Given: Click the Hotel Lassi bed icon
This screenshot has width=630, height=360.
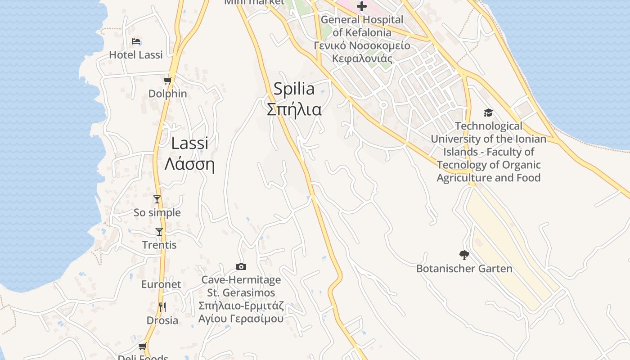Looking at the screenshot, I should [x=136, y=42].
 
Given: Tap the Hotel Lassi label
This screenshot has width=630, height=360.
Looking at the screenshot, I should [x=136, y=55].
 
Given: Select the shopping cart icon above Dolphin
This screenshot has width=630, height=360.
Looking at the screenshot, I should [x=168, y=81].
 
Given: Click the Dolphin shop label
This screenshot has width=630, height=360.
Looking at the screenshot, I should [x=168, y=94].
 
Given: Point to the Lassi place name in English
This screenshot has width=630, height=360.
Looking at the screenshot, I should [x=189, y=143].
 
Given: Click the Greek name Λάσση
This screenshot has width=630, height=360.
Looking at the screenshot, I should [x=189, y=164].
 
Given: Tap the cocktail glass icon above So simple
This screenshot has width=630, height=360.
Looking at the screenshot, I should [x=157, y=199].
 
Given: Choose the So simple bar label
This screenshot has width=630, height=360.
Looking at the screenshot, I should [x=157, y=212].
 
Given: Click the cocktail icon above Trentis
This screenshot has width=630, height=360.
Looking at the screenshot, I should [x=159, y=232].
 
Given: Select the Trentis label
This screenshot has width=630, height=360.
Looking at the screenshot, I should [x=159, y=245].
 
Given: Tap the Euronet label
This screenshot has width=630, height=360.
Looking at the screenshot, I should [x=161, y=284].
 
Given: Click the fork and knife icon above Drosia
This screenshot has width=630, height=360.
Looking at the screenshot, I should [x=162, y=307].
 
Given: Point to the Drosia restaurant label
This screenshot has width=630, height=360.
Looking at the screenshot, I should [x=162, y=320].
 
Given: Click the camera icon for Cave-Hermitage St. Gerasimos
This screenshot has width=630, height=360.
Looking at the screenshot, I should [x=241, y=267].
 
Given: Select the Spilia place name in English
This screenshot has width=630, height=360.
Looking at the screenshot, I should [x=294, y=89].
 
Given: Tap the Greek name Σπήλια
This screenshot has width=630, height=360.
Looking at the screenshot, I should [x=294, y=109].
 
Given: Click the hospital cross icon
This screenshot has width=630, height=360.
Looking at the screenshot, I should [x=362, y=6].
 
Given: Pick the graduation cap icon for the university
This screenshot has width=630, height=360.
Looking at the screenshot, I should [x=488, y=112].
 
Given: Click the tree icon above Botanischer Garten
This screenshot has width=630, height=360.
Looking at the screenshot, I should [x=464, y=256].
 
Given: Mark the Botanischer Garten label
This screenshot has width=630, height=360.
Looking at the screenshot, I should [x=464, y=269].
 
